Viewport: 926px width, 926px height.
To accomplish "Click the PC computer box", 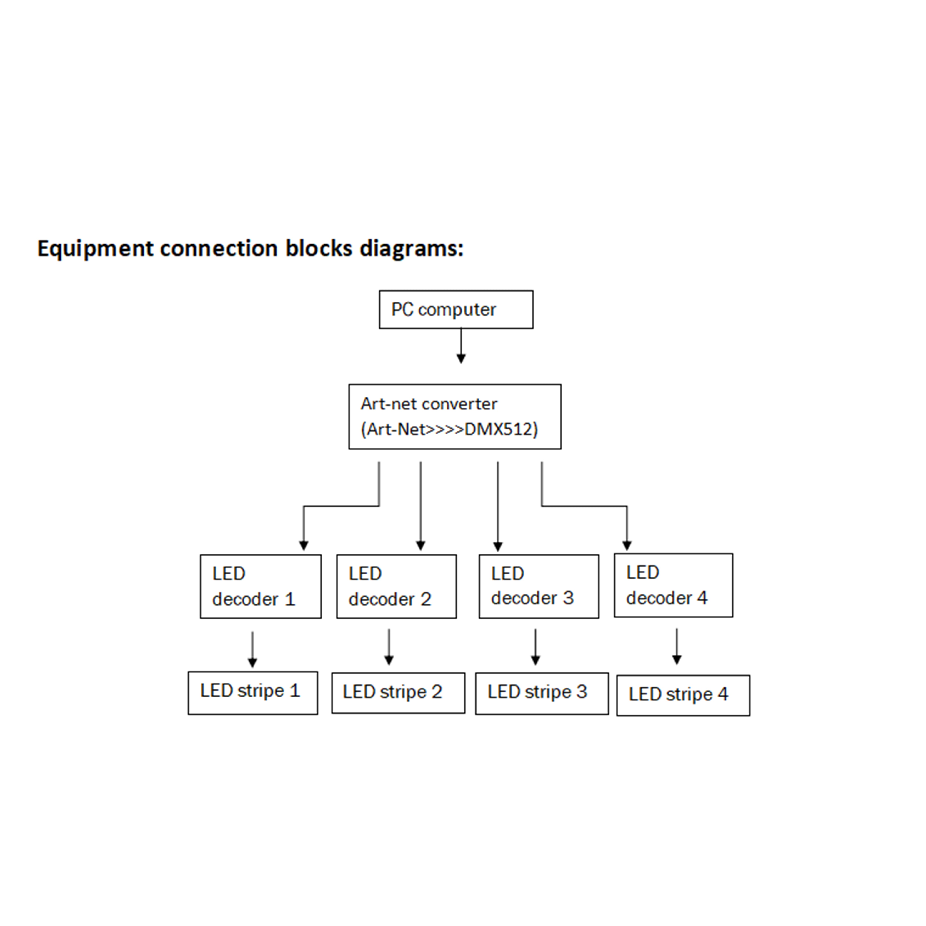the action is [x=456, y=309].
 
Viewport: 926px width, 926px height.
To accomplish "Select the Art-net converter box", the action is [x=455, y=417].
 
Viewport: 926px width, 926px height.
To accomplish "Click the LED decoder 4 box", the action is [x=673, y=585].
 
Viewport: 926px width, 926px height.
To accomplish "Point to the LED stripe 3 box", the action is [x=542, y=694].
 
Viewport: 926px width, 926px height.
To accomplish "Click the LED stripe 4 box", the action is [x=683, y=695].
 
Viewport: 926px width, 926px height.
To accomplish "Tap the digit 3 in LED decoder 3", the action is [x=568, y=598].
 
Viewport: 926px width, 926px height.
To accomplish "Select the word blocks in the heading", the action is [x=319, y=248].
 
